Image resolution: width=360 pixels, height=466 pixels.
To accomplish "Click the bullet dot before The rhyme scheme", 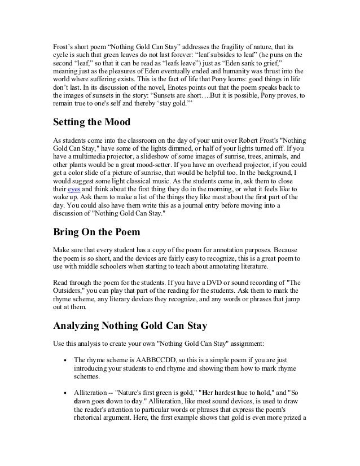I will coord(66,359).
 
